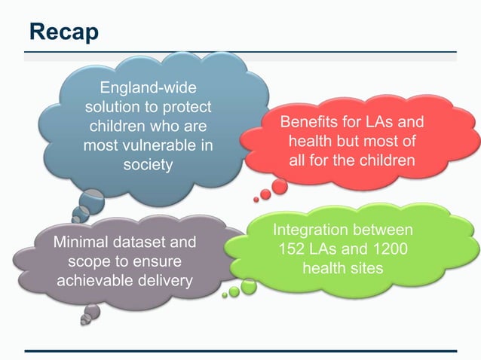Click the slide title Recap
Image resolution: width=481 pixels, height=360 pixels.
coord(64,31)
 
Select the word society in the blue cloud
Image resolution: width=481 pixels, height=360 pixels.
coord(148,163)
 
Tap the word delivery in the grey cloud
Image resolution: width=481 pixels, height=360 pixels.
coord(166,281)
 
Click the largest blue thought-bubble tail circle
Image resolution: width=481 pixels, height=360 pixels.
coord(91,201)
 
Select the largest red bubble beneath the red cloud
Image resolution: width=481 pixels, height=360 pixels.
coord(280,186)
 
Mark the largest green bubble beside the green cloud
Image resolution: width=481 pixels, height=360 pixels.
coord(249,286)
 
